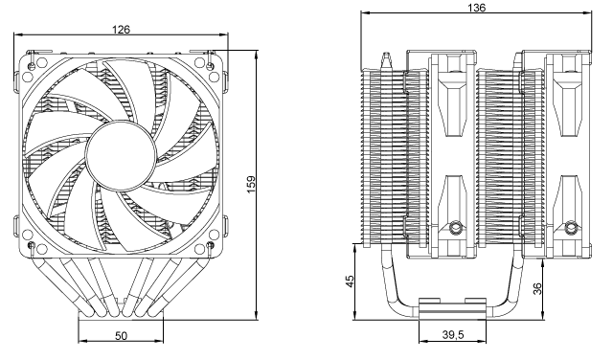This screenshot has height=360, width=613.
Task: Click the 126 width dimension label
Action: pos(121,30)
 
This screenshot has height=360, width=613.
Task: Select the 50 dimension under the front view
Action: pos(121,337)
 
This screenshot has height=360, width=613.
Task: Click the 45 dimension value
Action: pos(351,281)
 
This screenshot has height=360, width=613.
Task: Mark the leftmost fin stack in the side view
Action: pos(383,153)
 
